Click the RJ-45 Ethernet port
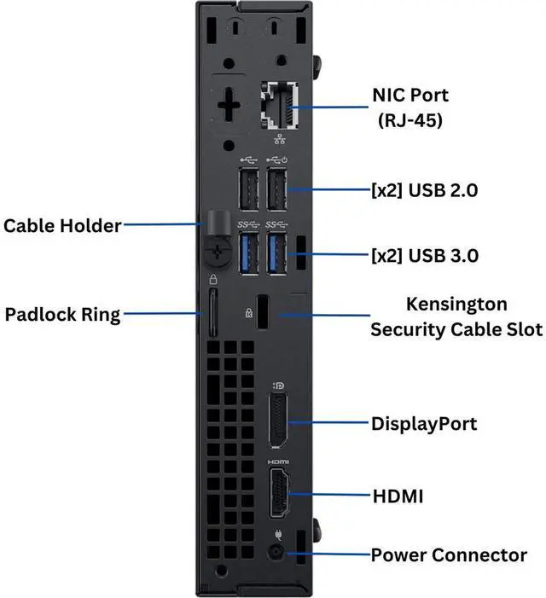pyautogui.click(x=280, y=106)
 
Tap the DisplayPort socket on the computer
pyautogui.click(x=278, y=421)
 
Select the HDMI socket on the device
pyautogui.click(x=279, y=493)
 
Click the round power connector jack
pyautogui.click(x=276, y=552)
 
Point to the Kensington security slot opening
pyautogui.click(x=262, y=311)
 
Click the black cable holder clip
pyautogui.click(x=218, y=240)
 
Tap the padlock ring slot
pyautogui.click(x=212, y=313)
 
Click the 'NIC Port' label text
pyautogui.click(x=410, y=95)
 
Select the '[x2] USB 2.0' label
pyautogui.click(x=424, y=190)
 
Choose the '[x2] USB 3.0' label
pyautogui.click(x=425, y=256)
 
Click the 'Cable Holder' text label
pyautogui.click(x=62, y=225)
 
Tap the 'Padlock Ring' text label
pyautogui.click(x=62, y=315)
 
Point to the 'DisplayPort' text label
pyautogui.click(x=424, y=424)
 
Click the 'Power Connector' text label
pyautogui.click(x=449, y=554)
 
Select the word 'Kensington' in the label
pyautogui.click(x=456, y=305)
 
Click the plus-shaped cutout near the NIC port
pyautogui.click(x=228, y=104)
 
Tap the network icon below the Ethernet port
pyautogui.click(x=280, y=139)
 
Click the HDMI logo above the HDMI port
pyautogui.click(x=278, y=462)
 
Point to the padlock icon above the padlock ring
pyautogui.click(x=213, y=279)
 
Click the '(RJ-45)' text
pyautogui.click(x=409, y=120)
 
